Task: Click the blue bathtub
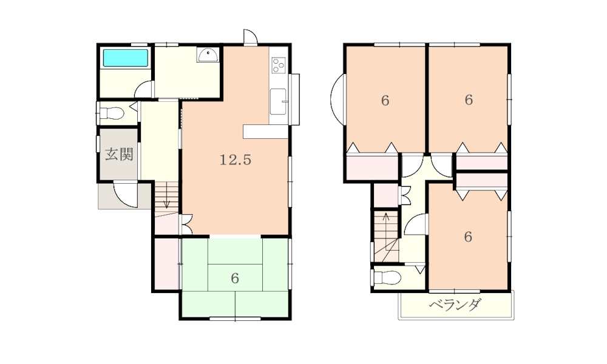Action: pos(126,58)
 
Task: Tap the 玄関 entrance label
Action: pos(119,155)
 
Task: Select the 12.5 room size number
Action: pos(235,160)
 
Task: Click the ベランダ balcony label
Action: pos(455,305)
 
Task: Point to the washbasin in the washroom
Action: pos(208,55)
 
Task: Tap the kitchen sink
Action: pos(278,100)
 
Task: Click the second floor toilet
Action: pos(386,278)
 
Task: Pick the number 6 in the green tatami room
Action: pos(235,278)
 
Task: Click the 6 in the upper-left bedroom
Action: pos(385,101)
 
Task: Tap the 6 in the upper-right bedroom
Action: pos(468,100)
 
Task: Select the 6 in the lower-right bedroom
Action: pos(468,237)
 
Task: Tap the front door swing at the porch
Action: pos(126,196)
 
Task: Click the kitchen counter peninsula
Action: pos(265,132)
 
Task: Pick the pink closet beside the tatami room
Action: pos(166,265)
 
